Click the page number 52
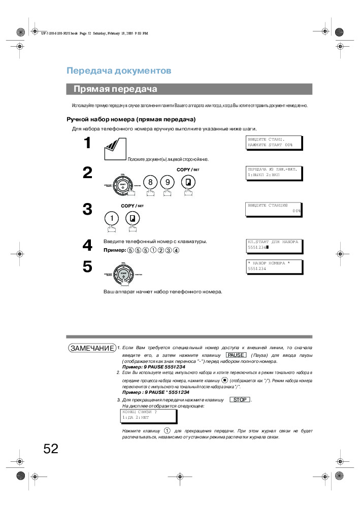coord(51,449)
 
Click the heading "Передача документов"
coord(119,71)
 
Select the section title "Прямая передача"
coord(115,89)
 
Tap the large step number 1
coord(87,143)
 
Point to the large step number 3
coord(87,209)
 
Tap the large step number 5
coord(87,267)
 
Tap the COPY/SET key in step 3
coord(133,218)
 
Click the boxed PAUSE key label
coord(236,355)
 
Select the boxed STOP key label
coord(240,400)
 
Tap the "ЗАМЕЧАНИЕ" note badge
coord(92,348)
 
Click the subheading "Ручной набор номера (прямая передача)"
coord(131,119)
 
